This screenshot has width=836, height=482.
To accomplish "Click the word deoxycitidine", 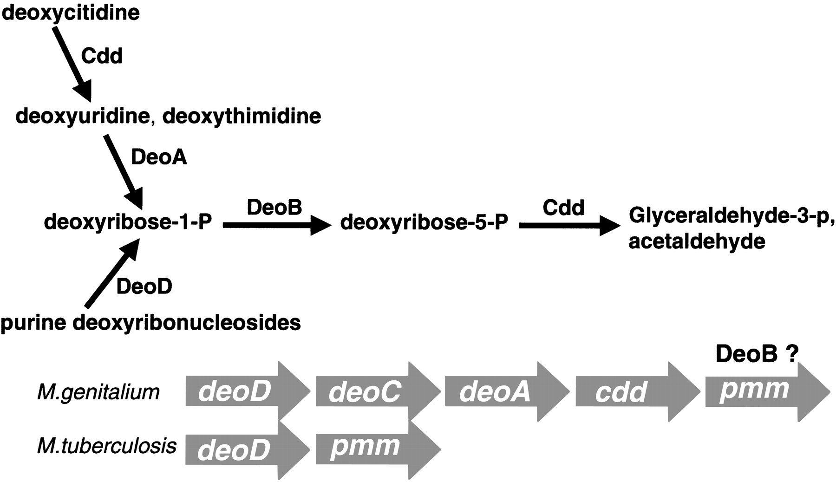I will tap(71, 13).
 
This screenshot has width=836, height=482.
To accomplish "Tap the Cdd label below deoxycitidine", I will tap(102, 56).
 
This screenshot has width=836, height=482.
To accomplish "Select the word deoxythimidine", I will tap(242, 116).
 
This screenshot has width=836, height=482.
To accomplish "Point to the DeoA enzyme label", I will tap(159, 157).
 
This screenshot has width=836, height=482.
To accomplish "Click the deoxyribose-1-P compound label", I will tap(128, 222).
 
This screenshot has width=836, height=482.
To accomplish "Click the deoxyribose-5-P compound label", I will tap(424, 222).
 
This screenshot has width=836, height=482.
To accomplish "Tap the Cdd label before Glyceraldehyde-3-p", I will tap(563, 208).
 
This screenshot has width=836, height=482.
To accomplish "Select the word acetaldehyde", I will tap(697, 242).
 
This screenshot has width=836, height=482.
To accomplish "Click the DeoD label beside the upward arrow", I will tap(144, 287).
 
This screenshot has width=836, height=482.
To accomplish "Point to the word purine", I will tap(33, 322).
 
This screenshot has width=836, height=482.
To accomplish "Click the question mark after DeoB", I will tap(792, 354).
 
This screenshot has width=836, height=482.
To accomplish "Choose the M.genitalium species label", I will tap(98, 392).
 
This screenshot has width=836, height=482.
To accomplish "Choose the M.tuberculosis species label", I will tap(106, 446).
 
